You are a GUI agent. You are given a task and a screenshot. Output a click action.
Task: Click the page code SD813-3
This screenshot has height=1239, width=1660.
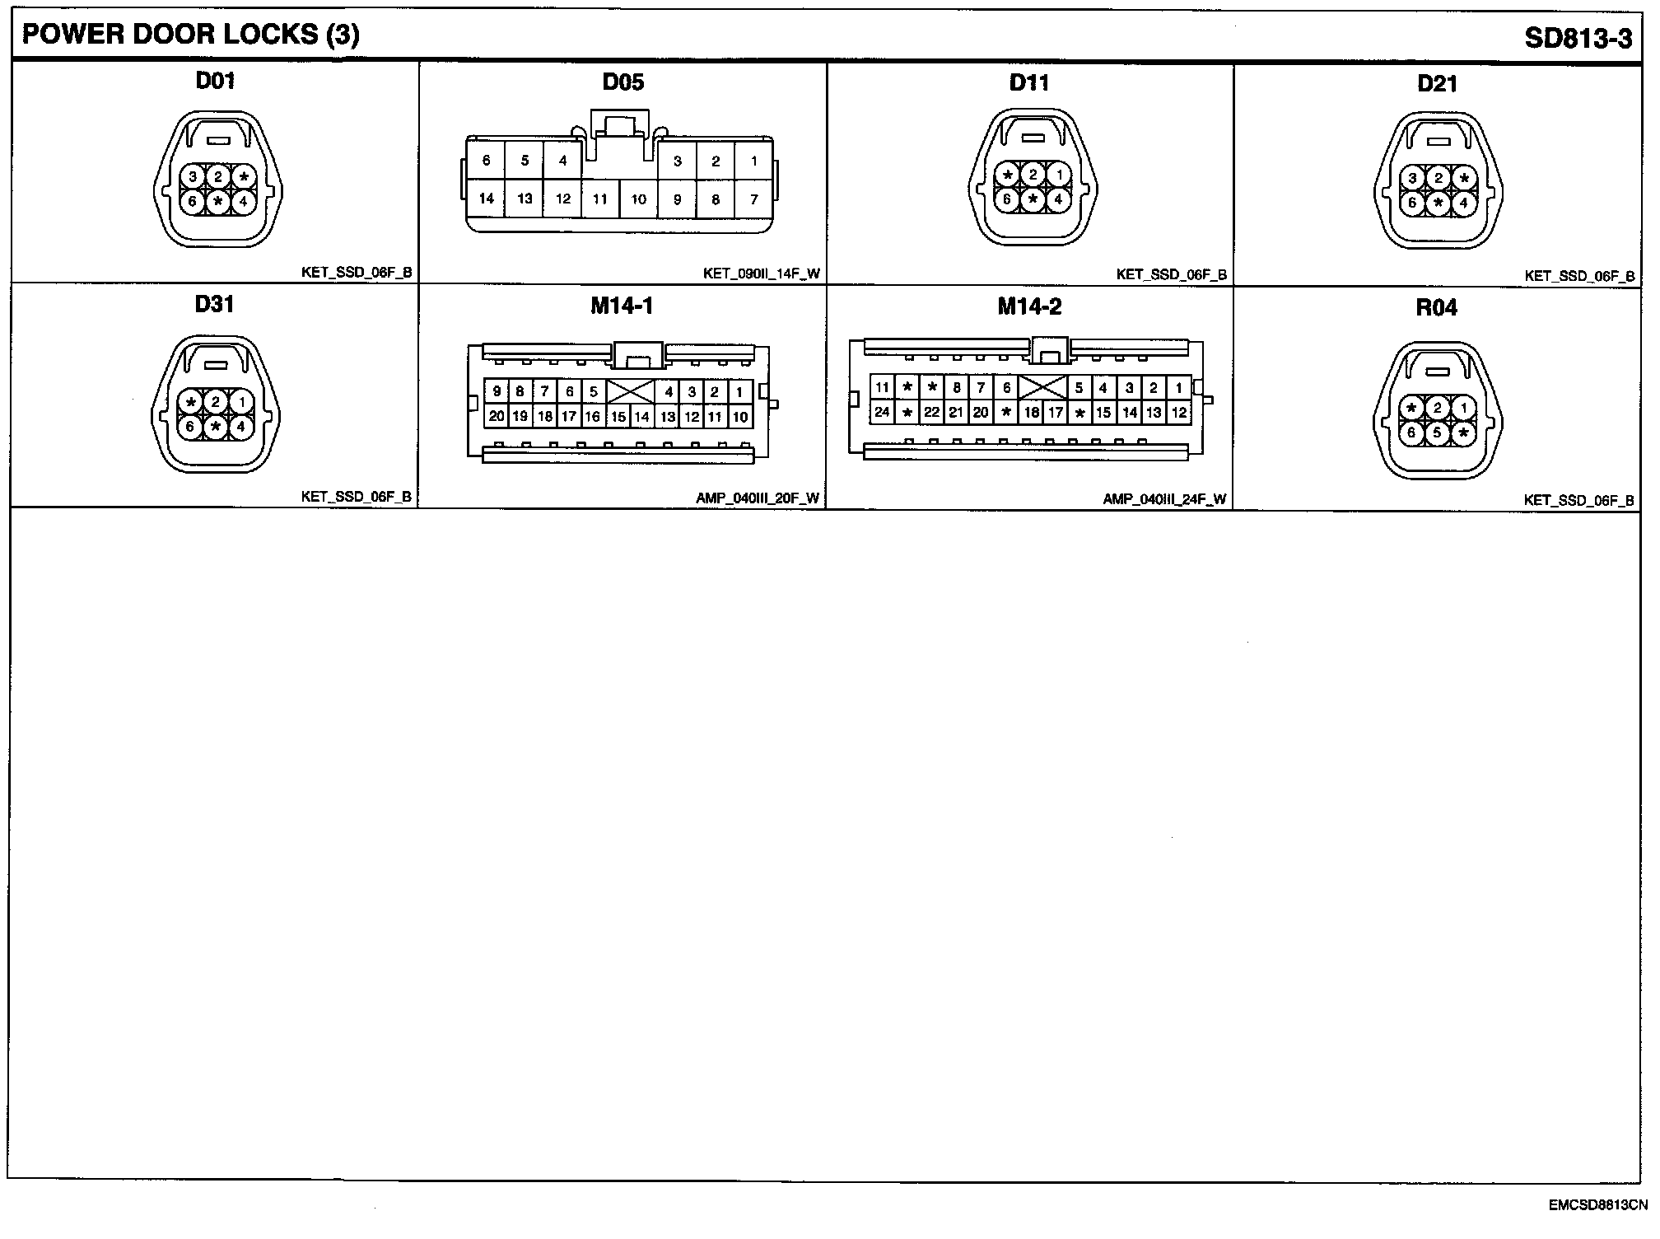coord(1578,38)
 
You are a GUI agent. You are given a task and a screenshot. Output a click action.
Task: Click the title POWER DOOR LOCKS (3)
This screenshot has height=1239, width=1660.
coord(190,35)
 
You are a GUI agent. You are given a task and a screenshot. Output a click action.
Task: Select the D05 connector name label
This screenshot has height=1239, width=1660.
coord(622,82)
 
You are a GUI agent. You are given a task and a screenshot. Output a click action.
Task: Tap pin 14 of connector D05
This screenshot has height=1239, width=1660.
coord(486,199)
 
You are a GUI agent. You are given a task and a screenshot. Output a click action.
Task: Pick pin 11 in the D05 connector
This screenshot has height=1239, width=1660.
coord(600,199)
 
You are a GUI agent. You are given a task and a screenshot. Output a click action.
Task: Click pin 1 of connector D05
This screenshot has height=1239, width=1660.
coord(753,161)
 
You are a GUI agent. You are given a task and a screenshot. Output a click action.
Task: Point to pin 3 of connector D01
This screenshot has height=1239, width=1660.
coord(192,176)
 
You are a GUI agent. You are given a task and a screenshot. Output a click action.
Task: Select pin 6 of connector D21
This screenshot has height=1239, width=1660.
coord(1412,203)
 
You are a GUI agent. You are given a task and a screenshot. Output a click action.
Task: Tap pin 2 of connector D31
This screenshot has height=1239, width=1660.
coord(216,402)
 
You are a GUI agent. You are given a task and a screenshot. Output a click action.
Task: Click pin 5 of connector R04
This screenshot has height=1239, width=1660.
coord(1437,432)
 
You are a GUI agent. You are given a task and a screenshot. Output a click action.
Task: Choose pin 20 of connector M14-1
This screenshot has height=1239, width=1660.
coord(496,416)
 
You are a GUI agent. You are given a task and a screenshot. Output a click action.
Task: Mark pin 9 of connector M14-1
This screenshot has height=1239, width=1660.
coord(497,392)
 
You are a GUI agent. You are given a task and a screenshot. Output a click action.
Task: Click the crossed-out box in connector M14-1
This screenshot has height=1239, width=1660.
coord(630,392)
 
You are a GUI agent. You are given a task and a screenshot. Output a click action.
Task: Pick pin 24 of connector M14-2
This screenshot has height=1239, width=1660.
coord(882,412)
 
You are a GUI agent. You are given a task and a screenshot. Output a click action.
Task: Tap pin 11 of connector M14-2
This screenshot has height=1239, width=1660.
coord(882,387)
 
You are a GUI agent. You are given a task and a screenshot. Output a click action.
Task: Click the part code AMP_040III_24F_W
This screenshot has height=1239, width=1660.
coord(1164,499)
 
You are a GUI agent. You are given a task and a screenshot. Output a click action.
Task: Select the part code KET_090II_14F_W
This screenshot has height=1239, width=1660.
coord(761,274)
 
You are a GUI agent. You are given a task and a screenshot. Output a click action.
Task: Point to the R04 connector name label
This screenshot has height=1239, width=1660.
coord(1436,308)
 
